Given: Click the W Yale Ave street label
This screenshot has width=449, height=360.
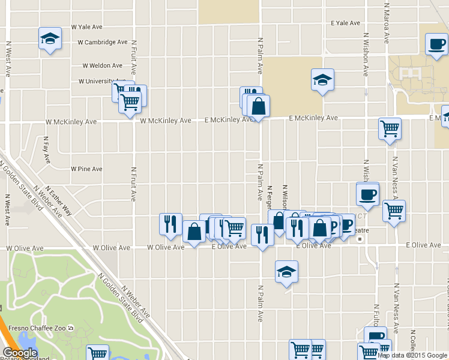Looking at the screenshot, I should (x=88, y=27).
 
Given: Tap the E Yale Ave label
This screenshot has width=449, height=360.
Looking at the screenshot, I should (x=345, y=23).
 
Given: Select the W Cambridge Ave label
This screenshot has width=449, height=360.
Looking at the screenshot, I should (x=103, y=43).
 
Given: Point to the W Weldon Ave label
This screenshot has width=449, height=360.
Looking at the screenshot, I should (x=103, y=65).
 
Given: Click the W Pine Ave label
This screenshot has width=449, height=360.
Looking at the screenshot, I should (x=86, y=169).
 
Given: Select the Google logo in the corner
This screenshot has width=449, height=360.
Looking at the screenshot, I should (x=20, y=353).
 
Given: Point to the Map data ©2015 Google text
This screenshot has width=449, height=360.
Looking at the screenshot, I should (x=412, y=355).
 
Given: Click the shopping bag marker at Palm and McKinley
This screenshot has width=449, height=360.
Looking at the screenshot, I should (x=258, y=107).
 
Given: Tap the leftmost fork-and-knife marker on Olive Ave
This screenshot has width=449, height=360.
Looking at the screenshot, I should (x=170, y=224).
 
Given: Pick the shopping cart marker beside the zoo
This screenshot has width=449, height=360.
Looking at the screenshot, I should (x=97, y=353).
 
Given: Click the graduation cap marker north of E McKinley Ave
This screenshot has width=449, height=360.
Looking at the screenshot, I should (x=322, y=80).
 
